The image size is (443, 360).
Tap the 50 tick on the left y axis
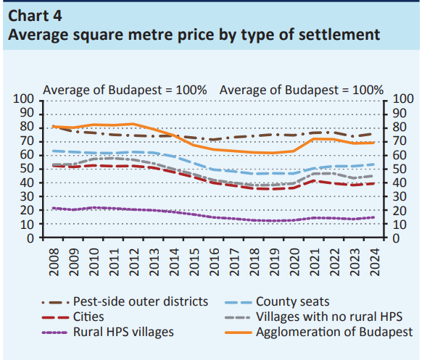[x=28, y=169]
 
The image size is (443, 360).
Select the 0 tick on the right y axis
[x=396, y=238]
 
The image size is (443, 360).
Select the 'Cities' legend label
[x=91, y=317]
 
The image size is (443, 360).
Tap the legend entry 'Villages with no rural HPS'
[x=326, y=317]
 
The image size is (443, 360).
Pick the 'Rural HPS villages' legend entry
[x=124, y=332]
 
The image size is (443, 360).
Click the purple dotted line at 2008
[x=54, y=208]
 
